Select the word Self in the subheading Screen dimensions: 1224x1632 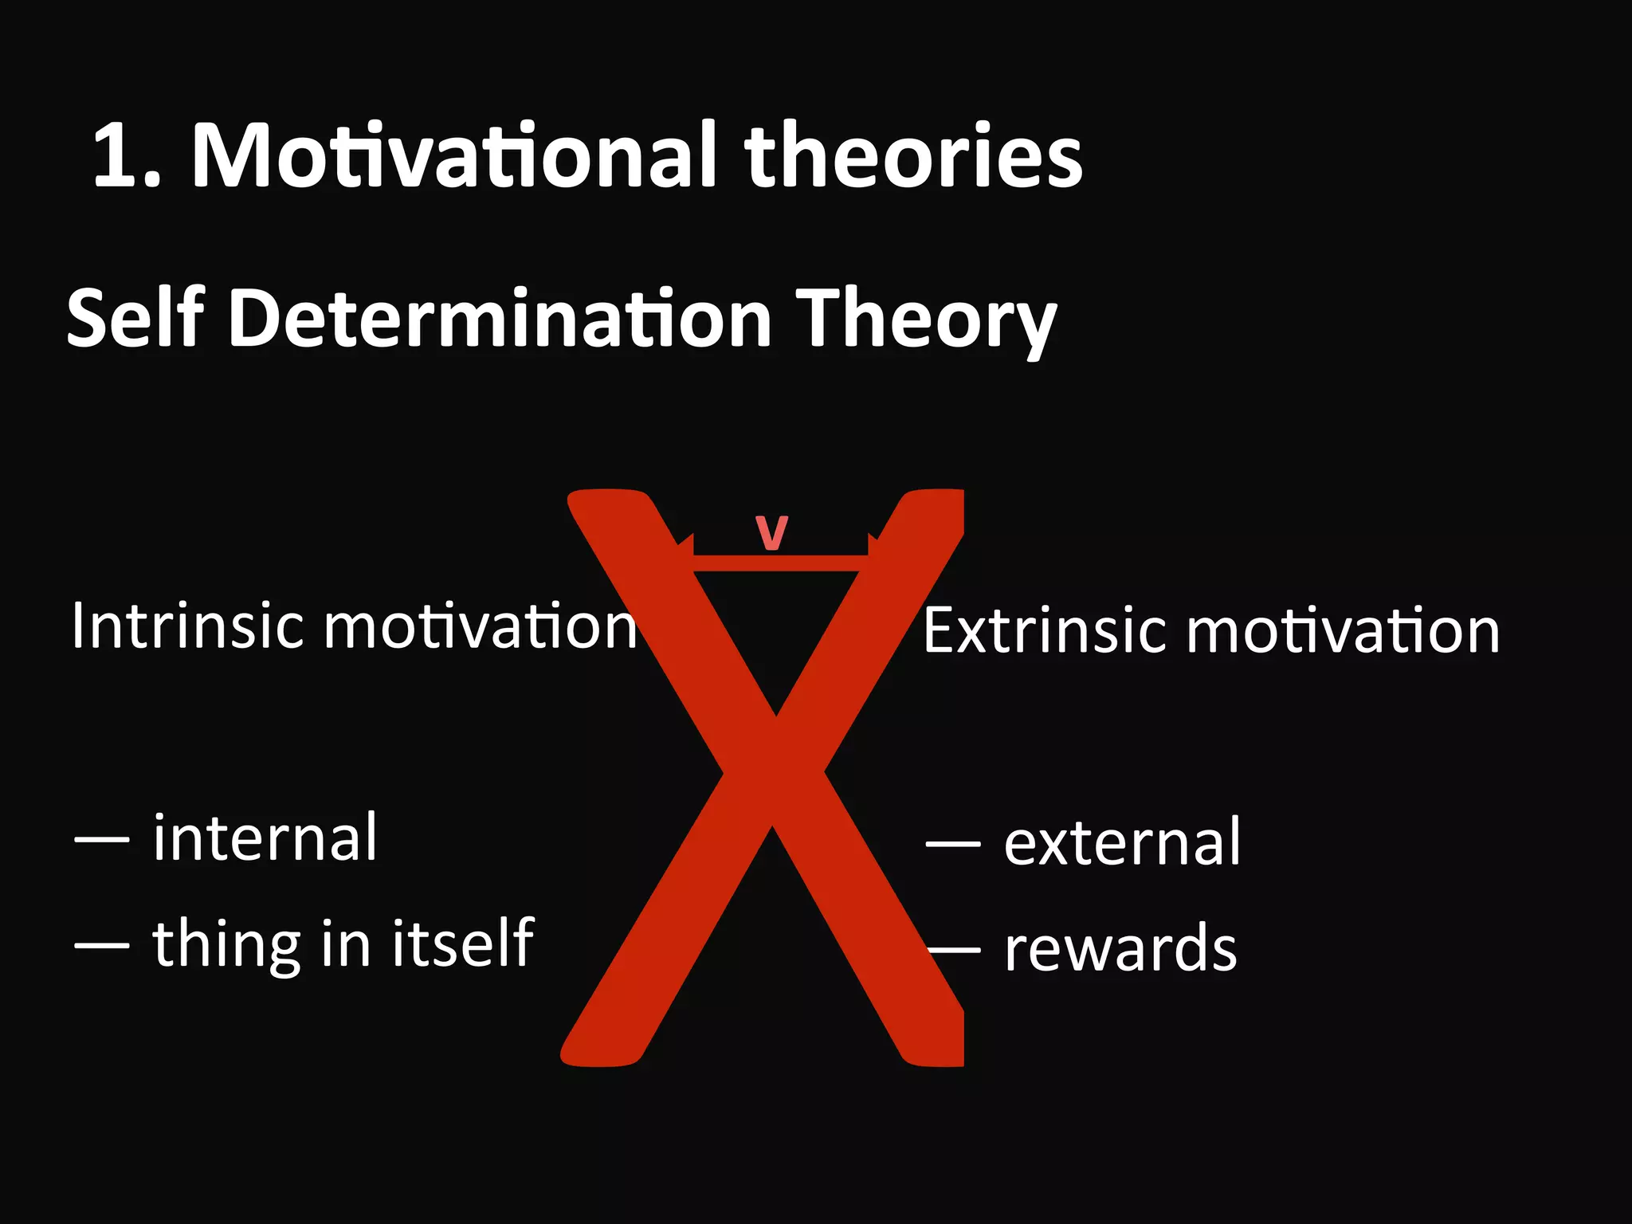[135, 319]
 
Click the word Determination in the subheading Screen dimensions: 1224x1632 [500, 319]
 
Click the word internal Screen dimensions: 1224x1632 [265, 838]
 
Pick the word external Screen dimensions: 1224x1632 [1122, 843]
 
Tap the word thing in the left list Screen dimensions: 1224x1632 [227, 945]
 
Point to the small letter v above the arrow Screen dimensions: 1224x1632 [771, 532]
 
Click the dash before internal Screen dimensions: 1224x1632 [101, 840]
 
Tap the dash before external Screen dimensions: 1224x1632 [953, 843]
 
